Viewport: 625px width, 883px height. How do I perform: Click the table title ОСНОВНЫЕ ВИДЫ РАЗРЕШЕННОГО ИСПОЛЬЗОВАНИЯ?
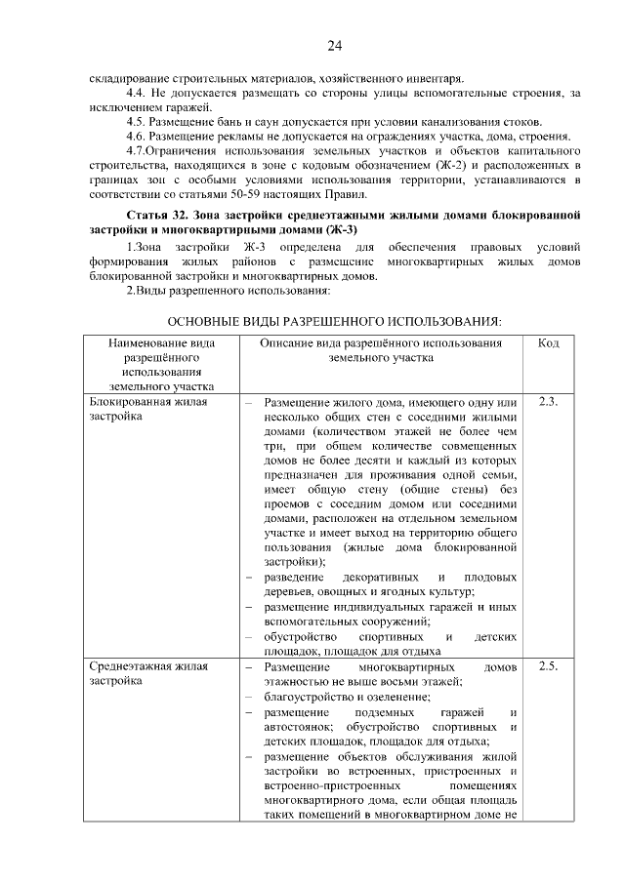point(334,321)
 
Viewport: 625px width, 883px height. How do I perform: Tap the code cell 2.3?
point(548,401)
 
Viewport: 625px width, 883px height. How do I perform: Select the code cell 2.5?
point(548,666)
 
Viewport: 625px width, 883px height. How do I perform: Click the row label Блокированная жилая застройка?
point(147,409)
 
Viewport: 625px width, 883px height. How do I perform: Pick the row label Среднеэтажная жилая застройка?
point(141,674)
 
